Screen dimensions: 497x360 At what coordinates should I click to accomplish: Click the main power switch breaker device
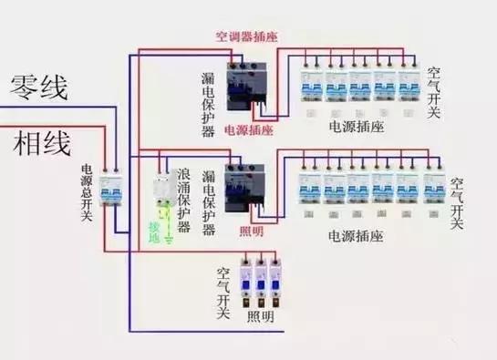point(111,193)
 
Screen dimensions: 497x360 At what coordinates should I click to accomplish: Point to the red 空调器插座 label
point(246,37)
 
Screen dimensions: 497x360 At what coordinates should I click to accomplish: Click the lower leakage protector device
point(243,190)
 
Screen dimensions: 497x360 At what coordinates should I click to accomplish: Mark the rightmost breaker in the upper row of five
point(408,83)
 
